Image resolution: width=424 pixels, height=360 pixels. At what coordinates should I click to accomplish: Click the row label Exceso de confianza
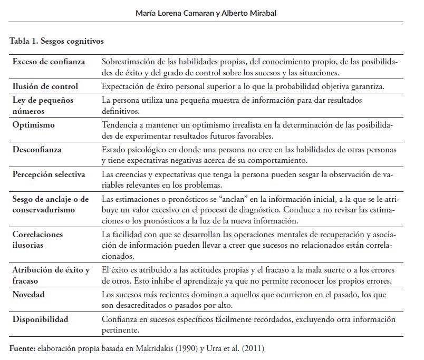[49, 61]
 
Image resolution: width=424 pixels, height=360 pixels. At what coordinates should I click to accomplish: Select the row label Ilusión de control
[45, 86]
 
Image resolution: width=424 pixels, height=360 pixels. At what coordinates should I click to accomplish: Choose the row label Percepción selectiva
[49, 174]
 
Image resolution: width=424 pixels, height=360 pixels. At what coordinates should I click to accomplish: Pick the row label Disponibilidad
[41, 318]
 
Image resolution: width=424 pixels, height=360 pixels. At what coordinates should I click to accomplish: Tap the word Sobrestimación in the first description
[125, 61]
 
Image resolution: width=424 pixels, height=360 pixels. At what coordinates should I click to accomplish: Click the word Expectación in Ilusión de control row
[122, 86]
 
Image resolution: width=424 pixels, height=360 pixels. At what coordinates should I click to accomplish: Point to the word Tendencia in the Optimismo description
[119, 125]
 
